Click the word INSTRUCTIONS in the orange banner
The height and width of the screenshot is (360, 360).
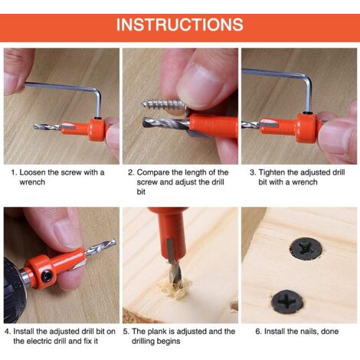(x=180, y=25)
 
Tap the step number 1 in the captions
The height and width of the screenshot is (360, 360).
(x=13, y=172)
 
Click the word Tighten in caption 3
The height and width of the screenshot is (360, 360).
(x=274, y=172)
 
